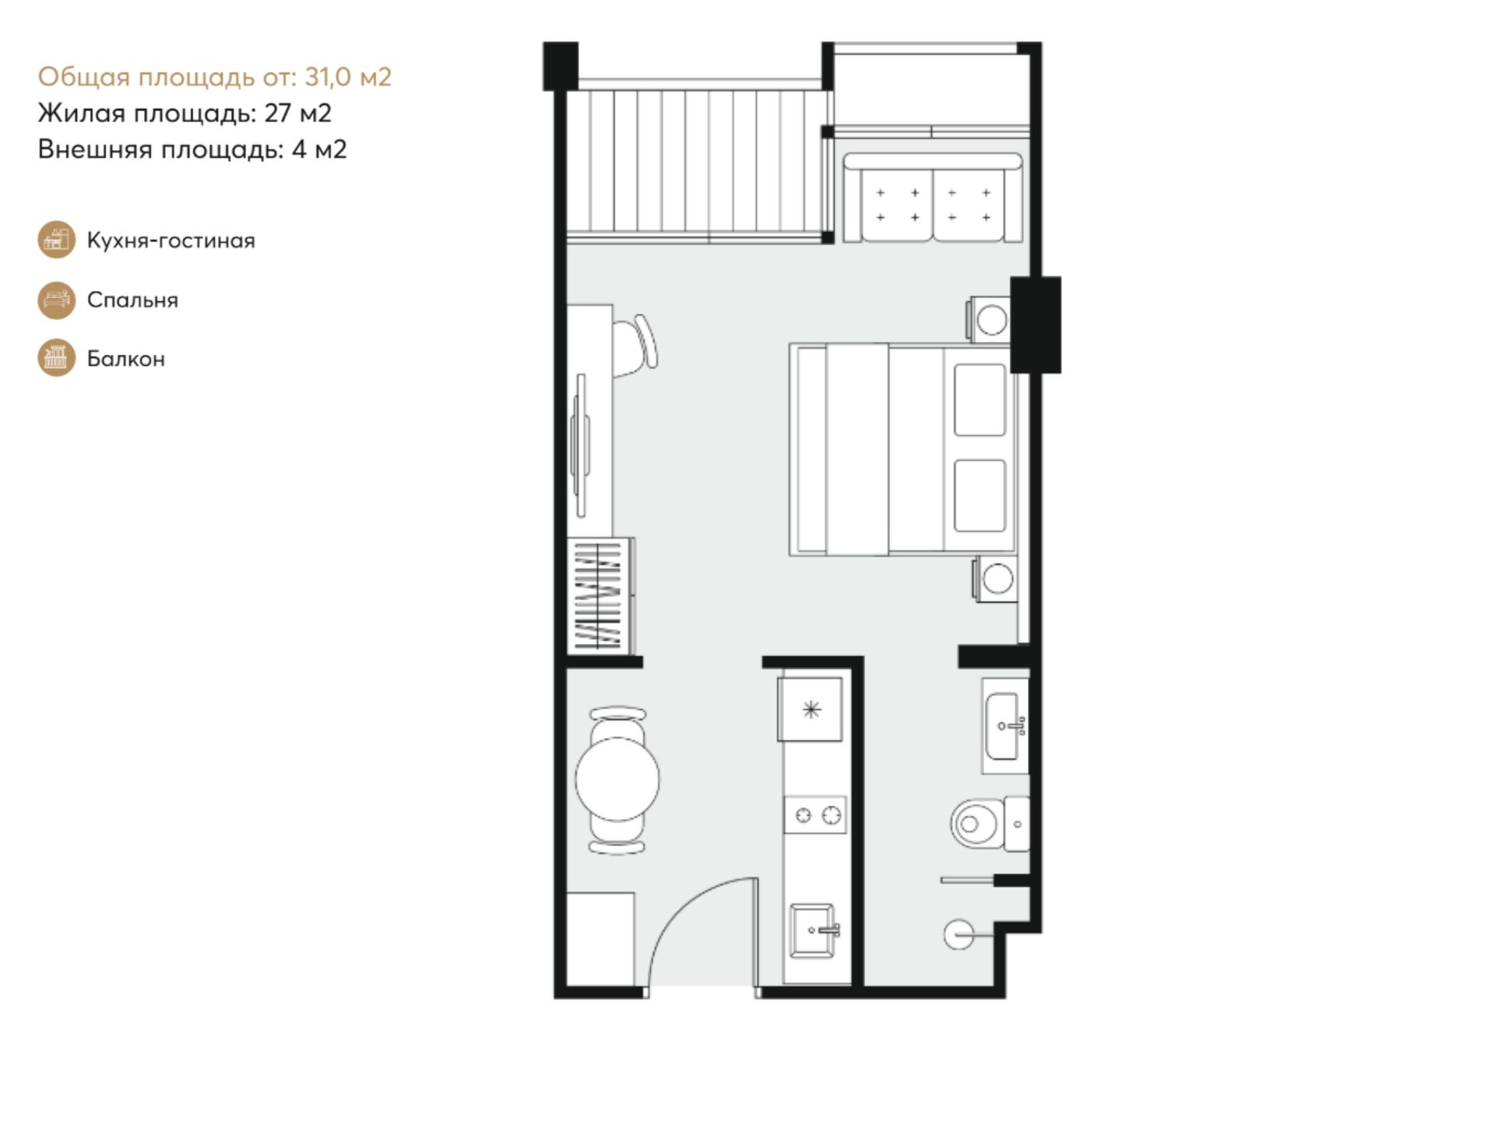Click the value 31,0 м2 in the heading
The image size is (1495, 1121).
point(348,77)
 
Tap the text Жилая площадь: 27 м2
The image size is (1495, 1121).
point(185,114)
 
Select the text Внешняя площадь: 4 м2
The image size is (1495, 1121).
point(192,149)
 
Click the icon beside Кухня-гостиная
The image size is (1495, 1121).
point(57,240)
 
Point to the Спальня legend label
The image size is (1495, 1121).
point(132,300)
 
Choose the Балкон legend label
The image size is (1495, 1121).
point(126,359)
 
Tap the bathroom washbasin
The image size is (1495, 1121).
point(1005,726)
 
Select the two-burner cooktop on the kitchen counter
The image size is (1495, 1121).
point(815,815)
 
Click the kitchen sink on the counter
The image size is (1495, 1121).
point(814,930)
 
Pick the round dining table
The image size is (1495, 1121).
point(617,779)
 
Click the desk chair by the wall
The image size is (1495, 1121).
point(636,346)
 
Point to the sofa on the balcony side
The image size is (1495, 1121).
point(933,198)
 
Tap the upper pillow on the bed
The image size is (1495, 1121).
point(980,399)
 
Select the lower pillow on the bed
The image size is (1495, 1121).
point(980,496)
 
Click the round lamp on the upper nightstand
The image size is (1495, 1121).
point(992,321)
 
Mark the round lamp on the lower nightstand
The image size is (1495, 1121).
point(997,578)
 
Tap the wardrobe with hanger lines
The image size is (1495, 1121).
point(600,596)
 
